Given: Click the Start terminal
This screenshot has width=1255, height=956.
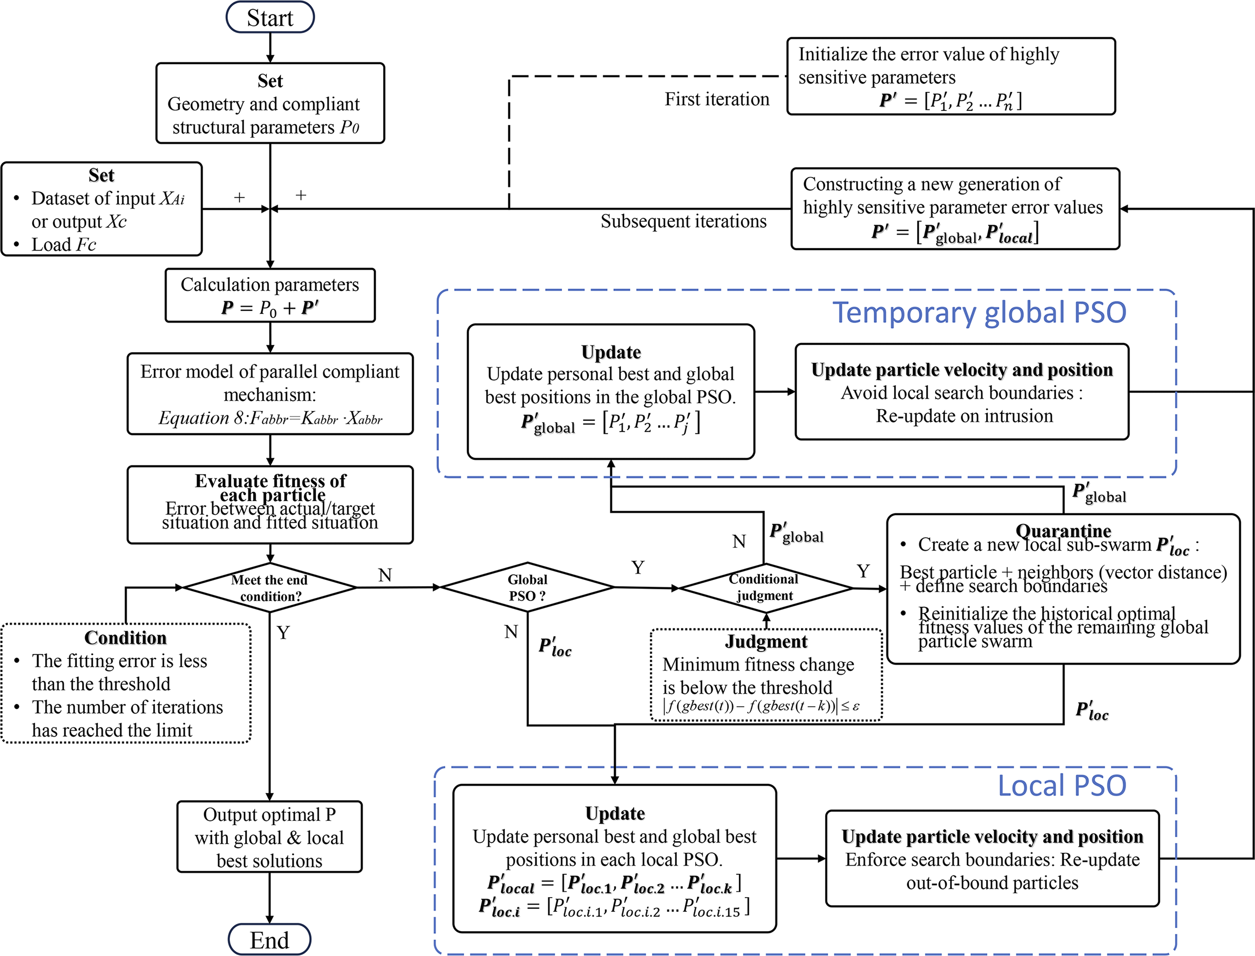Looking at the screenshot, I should (x=270, y=18).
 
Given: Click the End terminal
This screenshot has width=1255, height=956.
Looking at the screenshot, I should (x=269, y=940).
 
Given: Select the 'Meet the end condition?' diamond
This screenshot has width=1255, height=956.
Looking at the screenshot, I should (x=269, y=588).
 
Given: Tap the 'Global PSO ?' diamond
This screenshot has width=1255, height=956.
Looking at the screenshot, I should (x=527, y=587).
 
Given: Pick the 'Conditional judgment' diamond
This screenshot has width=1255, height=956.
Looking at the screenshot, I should (x=764, y=587).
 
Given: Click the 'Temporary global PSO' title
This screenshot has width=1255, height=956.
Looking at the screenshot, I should (x=979, y=312).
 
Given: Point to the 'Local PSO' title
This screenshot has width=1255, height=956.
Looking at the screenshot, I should (x=1062, y=786).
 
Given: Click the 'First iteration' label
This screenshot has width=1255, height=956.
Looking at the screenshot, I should (x=717, y=99).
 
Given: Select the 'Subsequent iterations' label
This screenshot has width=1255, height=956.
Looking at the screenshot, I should (x=684, y=221).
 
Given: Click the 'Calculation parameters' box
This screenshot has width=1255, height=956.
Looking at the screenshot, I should (x=270, y=296).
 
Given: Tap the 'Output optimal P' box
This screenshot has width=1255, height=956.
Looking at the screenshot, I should (x=269, y=837).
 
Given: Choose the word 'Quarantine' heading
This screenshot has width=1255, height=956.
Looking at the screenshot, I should (x=1063, y=531).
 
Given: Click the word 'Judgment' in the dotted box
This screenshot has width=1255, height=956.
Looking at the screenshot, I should (x=766, y=642).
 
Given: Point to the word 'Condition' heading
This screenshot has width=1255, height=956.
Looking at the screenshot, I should (x=125, y=638).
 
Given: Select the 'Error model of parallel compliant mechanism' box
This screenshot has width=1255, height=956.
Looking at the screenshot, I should (x=270, y=394).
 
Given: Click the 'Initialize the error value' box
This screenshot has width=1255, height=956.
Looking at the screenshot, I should (x=951, y=76).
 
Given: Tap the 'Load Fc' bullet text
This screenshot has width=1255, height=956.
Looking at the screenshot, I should (x=63, y=245).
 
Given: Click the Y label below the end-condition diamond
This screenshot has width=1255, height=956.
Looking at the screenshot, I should (x=283, y=633).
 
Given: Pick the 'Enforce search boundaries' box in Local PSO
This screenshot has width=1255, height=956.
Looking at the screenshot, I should (x=992, y=859).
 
